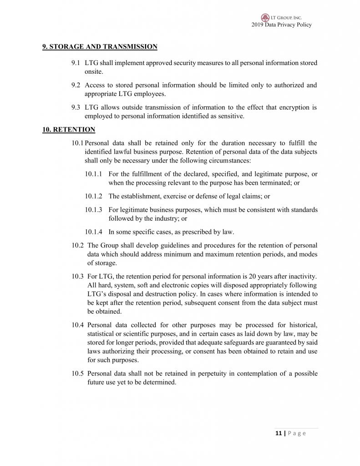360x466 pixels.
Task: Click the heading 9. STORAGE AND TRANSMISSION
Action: click(100, 46)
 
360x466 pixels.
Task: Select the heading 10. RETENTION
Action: click(69, 130)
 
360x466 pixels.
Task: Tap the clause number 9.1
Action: click(76, 63)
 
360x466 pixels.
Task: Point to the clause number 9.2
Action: click(76, 85)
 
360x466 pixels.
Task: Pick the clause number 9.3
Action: click(76, 107)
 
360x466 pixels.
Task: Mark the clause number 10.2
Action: click(78, 245)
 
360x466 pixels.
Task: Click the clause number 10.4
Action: click(78, 325)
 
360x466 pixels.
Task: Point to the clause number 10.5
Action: click(78, 374)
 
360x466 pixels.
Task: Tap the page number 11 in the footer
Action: click(278, 433)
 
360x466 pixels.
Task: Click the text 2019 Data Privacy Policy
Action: click(281, 25)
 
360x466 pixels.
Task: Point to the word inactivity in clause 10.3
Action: click(302, 276)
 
